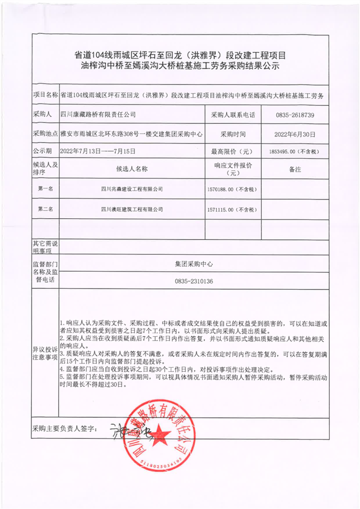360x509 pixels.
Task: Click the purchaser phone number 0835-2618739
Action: tap(295, 115)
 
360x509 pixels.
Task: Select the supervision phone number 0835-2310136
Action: tap(194, 281)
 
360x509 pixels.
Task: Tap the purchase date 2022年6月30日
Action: tap(295, 134)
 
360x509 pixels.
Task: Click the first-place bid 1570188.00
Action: tap(232, 189)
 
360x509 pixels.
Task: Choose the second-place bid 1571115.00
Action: tap(232, 210)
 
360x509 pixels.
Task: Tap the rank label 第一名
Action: tap(45, 189)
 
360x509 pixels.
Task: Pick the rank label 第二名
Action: tap(45, 209)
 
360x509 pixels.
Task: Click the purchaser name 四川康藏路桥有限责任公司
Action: tap(98, 115)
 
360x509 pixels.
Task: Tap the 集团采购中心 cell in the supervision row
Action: tap(194, 264)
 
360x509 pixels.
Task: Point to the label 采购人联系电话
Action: tap(233, 115)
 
